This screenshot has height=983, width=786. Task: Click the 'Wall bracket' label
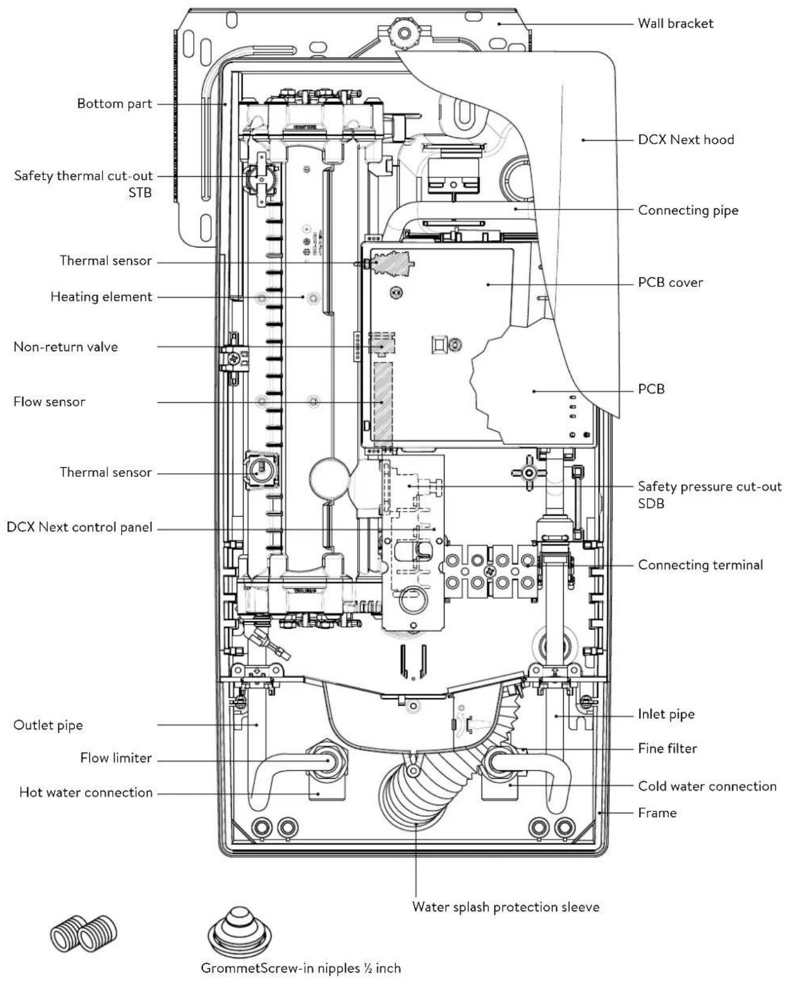point(675,23)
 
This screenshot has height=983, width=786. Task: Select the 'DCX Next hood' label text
point(686,140)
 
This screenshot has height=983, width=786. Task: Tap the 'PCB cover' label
point(670,283)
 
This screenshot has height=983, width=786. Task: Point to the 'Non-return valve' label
point(66,346)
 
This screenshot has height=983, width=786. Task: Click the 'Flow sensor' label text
point(49,402)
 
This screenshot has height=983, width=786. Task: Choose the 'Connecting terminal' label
point(700,565)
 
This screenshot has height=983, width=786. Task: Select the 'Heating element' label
point(101,297)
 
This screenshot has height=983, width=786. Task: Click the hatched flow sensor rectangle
point(383,401)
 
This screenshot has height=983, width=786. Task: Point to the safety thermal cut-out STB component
point(260,180)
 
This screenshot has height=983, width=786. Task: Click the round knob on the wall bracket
point(404,33)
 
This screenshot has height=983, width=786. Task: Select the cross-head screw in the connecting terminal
point(490,571)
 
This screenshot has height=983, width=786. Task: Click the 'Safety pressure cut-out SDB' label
point(709,495)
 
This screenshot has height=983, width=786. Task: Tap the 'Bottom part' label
point(114,104)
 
